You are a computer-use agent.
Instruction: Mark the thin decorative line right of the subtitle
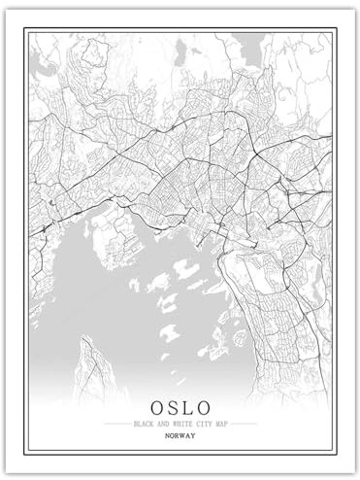[243, 424]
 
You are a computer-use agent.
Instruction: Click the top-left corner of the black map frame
[27, 28]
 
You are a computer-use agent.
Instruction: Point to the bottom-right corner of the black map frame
[334, 454]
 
